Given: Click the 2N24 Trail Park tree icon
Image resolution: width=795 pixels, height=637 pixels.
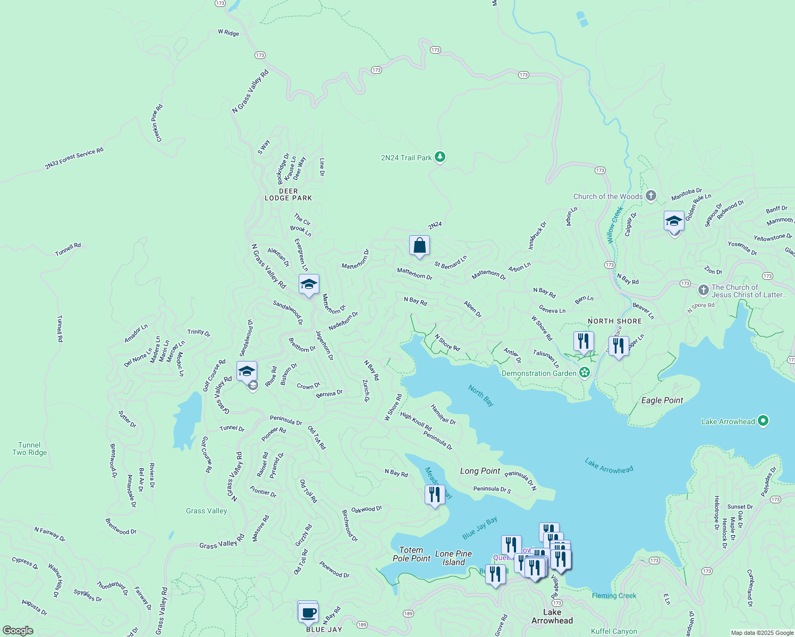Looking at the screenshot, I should (x=439, y=157).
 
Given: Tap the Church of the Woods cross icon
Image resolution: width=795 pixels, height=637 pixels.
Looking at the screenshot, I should (x=651, y=196).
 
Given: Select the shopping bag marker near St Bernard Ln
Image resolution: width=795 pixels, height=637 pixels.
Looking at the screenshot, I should (x=419, y=246).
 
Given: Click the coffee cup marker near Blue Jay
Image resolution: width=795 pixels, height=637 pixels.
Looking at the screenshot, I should (x=308, y=612).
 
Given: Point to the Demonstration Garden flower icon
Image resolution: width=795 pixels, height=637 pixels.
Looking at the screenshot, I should (x=585, y=373).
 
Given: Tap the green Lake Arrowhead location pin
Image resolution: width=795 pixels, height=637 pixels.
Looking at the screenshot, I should (x=763, y=421).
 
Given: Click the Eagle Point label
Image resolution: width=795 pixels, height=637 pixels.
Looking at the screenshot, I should (x=662, y=400).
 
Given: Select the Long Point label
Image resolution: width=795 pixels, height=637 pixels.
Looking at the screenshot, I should (x=480, y=471).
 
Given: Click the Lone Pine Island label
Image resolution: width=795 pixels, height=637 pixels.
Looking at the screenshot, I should (x=453, y=558).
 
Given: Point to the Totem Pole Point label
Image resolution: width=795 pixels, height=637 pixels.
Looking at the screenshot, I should (x=411, y=554).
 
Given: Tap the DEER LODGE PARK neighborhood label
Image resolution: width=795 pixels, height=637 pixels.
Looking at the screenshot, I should (x=288, y=194).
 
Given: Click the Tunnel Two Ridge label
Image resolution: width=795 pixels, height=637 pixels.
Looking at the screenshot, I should (x=30, y=449).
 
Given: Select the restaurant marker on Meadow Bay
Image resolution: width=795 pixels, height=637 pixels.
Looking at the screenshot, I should (x=435, y=495).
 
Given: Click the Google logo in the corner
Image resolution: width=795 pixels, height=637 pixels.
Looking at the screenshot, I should (x=18, y=631).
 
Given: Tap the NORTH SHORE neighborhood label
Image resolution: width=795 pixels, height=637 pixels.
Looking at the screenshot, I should (x=614, y=321).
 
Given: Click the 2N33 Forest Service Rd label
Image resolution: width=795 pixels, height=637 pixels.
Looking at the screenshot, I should (x=74, y=159).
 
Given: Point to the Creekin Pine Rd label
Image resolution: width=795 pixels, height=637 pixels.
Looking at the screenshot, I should (x=157, y=123).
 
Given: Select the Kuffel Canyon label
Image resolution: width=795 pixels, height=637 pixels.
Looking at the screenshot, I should (x=614, y=631).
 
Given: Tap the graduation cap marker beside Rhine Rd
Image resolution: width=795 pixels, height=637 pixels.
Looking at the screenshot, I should (x=247, y=371).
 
